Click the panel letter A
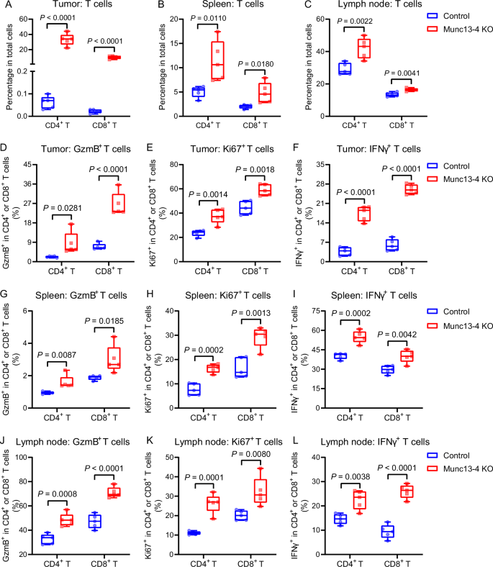(5, 6)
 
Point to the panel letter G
(5, 294)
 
